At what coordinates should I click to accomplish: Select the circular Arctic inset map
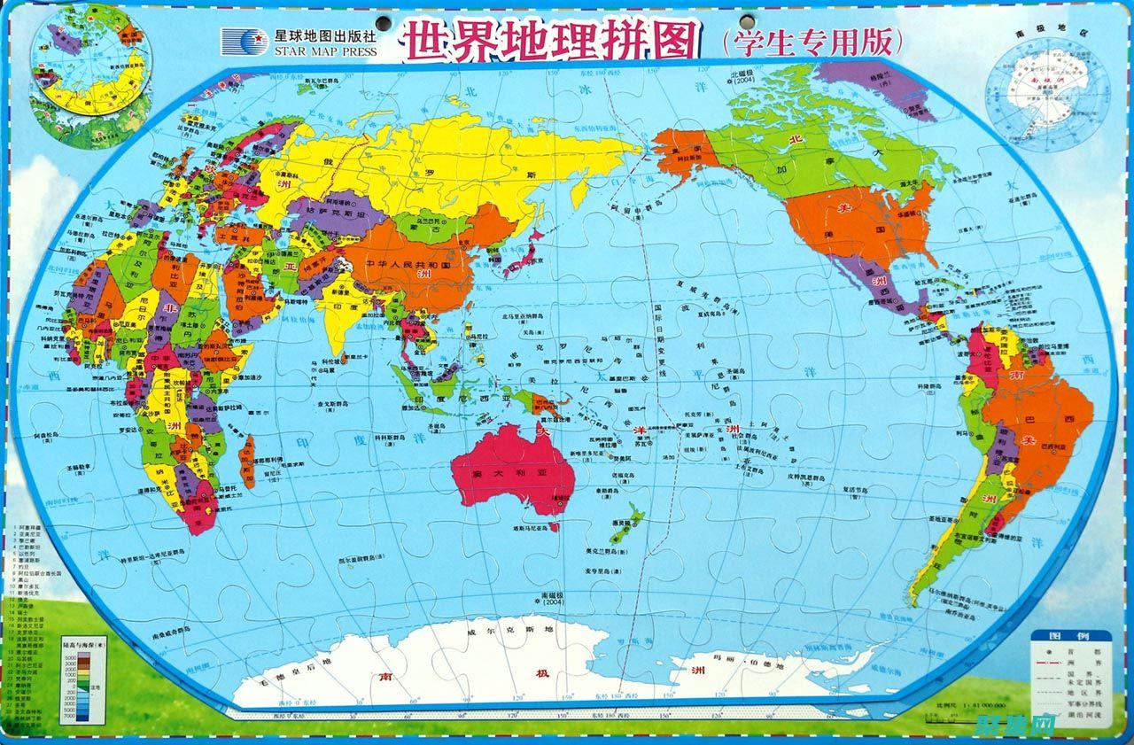pyautogui.click(x=87, y=74)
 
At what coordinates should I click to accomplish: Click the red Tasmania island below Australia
pyautogui.click(x=552, y=526)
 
